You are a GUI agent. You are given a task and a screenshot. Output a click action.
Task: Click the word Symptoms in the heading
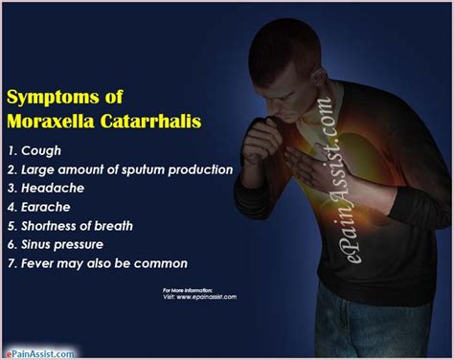pyautogui.click(x=47, y=98)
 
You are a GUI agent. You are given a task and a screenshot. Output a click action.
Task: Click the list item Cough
pyautogui.click(x=41, y=151)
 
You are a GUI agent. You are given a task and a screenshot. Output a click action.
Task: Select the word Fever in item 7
pyautogui.click(x=38, y=263)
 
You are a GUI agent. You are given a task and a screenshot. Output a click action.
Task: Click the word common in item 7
pyautogui.click(x=163, y=263)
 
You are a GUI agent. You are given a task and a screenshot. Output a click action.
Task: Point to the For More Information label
pyautogui.click(x=187, y=288)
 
